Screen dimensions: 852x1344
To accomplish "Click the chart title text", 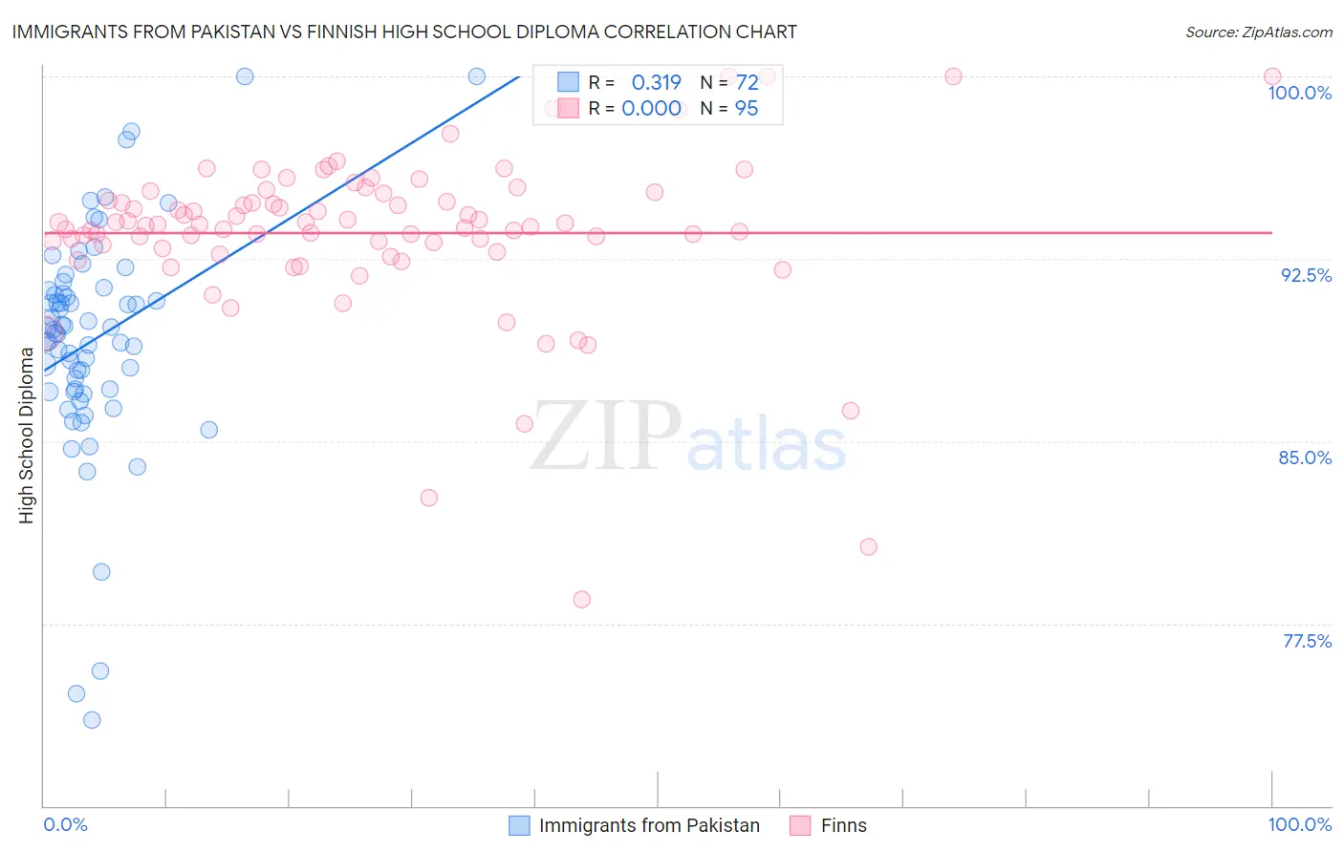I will pos(404,32).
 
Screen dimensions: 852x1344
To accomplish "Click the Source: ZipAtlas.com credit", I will pos(1258,32).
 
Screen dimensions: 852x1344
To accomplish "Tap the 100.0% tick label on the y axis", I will pos(1299,93).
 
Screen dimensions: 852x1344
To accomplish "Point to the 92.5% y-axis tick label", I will pos(1306,275).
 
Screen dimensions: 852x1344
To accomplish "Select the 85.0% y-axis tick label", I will pos(1305,458).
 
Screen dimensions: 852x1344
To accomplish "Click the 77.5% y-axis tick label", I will pos(1307,641).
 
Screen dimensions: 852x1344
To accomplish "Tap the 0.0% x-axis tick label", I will pos(65,824).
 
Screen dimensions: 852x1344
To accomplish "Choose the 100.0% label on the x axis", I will pos(1299,824).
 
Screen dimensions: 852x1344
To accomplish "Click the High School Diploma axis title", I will pos(27,435).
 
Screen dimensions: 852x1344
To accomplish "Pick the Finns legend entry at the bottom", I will pos(843,825).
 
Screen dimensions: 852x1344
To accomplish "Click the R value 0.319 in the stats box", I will pos(656,82).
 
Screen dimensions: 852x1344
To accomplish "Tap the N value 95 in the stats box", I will pos(746,109).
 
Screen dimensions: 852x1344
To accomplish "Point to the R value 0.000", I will pos(651,109).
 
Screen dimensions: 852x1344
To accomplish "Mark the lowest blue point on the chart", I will pos(92,719).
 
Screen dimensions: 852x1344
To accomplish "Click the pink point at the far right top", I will pos(1271,76).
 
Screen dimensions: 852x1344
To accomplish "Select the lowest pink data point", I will pos(582,600).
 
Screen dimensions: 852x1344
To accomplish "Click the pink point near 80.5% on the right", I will pos(868,546).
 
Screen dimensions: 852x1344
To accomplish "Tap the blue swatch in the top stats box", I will pos(569,82).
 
